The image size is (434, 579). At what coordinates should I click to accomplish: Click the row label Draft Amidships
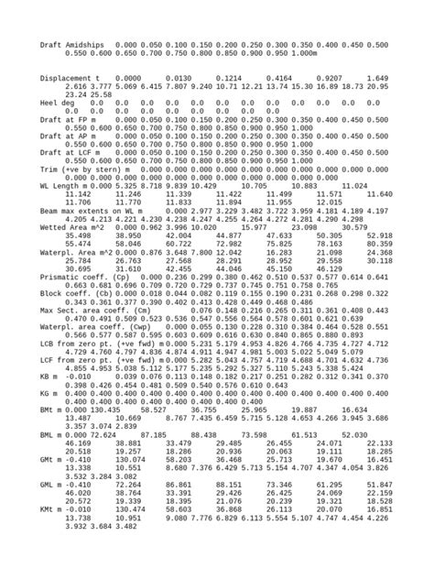72,44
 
